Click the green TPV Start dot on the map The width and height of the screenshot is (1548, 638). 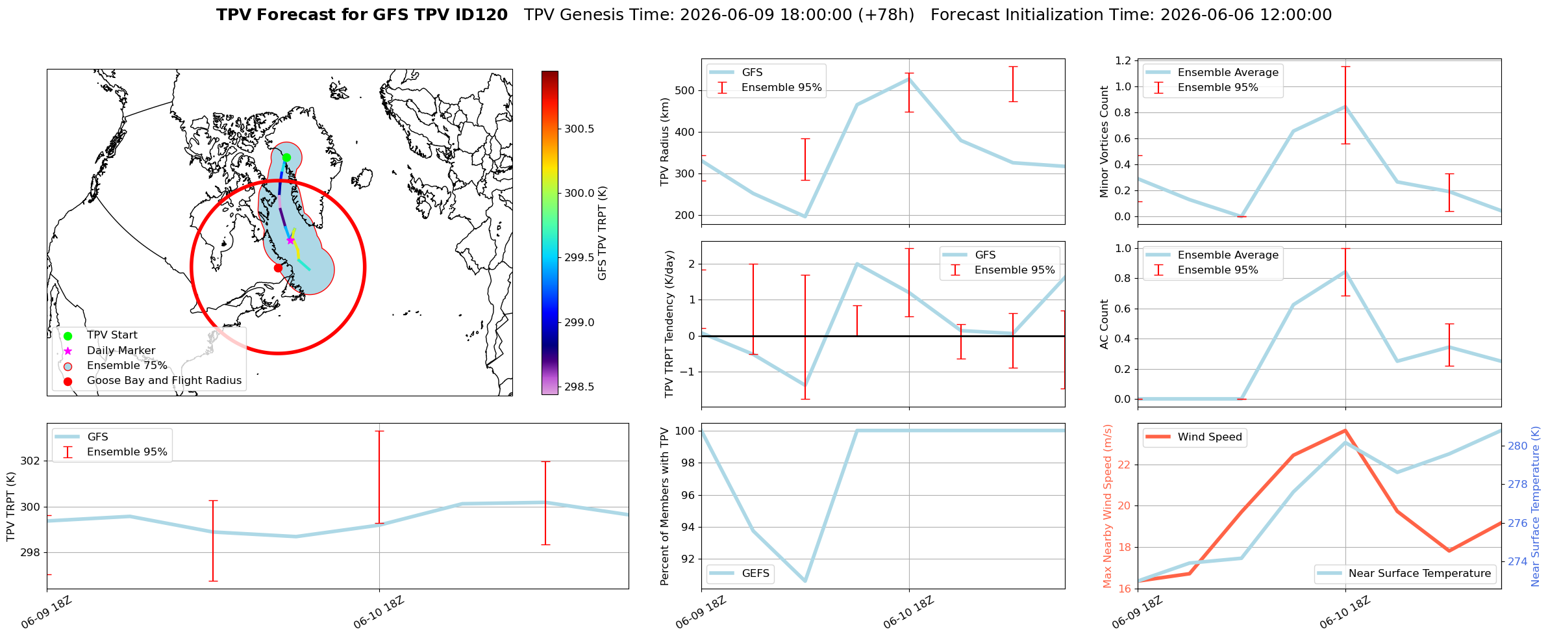(286, 157)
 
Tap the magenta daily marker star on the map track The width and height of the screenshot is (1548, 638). (290, 240)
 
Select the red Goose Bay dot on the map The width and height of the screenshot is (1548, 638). (278, 268)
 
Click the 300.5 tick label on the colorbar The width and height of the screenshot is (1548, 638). (579, 129)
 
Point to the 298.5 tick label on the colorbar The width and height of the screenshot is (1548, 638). (579, 387)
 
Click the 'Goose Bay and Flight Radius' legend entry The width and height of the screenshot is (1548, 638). (164, 381)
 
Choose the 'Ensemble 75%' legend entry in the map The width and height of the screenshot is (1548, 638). (127, 366)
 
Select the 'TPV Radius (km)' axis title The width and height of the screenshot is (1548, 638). (664, 142)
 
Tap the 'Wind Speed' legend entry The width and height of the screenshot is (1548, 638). (1210, 437)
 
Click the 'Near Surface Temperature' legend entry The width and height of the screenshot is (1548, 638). (1419, 574)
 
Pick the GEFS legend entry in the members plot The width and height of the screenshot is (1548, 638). (756, 574)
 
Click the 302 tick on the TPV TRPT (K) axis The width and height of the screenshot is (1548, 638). (31, 461)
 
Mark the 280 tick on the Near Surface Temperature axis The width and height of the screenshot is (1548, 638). (1517, 446)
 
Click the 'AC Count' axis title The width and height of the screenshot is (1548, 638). (1104, 324)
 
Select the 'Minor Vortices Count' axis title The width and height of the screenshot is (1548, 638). (1104, 142)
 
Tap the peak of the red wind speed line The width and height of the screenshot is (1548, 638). (1345, 430)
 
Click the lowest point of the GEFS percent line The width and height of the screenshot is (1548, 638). (805, 581)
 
